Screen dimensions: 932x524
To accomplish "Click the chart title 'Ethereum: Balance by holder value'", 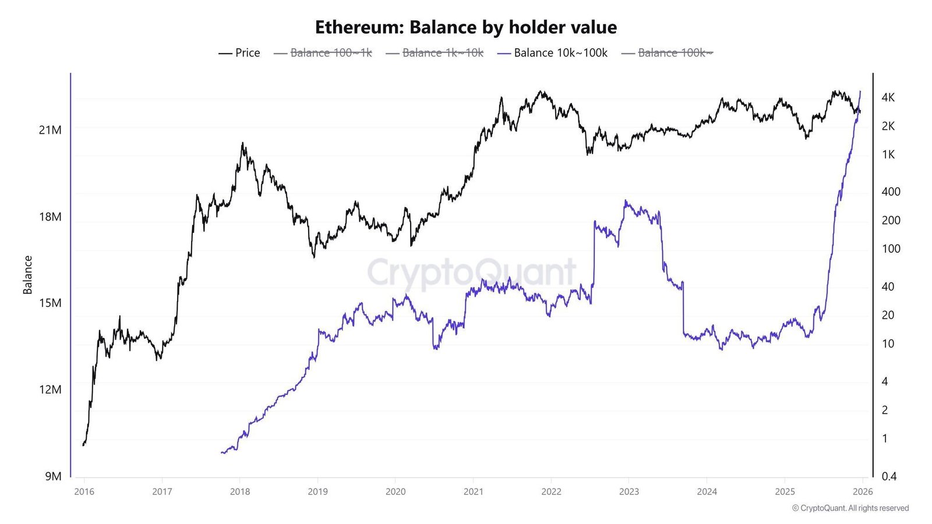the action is tap(465, 27).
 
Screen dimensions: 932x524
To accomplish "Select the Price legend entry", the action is tap(239, 53).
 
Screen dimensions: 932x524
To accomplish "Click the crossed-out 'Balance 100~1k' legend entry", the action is tap(323, 53).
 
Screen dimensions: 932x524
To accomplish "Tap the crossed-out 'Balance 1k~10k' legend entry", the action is tap(435, 53).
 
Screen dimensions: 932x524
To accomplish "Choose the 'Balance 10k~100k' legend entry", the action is tap(553, 53).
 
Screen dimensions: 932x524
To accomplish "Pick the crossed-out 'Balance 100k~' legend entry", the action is tap(667, 53).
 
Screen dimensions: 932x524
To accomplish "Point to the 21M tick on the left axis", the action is tap(50, 130).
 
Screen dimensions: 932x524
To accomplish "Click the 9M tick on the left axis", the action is tap(53, 476).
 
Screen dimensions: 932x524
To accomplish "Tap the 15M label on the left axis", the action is tap(50, 303).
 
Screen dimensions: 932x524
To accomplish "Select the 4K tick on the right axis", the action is tap(888, 97).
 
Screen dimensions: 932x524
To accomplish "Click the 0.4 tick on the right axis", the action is tap(889, 476).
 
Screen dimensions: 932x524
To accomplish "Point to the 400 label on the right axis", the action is tap(891, 192).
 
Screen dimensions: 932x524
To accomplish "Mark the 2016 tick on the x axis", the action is tap(84, 492).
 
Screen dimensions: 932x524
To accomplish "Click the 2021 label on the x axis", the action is tap(474, 492).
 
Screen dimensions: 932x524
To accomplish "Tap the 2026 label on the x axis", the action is tap(863, 492).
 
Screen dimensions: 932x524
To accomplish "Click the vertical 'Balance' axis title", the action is tap(27, 275).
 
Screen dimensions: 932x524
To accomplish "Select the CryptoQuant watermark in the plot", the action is tap(471, 272).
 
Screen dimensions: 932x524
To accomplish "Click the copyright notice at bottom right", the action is tap(850, 508).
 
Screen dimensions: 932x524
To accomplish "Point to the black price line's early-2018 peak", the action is tap(242, 143).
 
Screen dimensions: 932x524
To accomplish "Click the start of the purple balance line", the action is tap(221, 452).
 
